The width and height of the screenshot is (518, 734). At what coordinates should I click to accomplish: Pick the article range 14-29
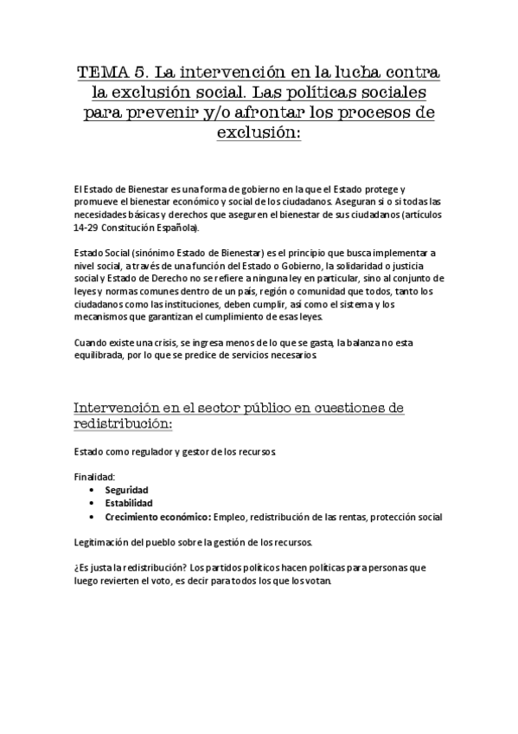click(88, 228)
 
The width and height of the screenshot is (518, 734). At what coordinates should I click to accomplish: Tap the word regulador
click(154, 451)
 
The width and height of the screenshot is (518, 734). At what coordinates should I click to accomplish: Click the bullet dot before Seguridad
click(93, 490)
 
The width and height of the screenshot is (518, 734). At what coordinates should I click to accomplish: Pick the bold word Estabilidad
click(129, 503)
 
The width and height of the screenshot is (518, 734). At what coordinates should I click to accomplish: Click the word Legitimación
click(106, 542)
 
